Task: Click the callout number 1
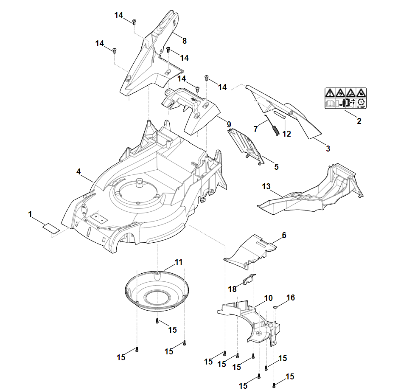click(30, 215)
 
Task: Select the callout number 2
click(359, 121)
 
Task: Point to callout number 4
click(78, 171)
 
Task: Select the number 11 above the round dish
click(179, 262)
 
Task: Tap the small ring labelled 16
click(275, 307)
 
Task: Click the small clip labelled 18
click(249, 280)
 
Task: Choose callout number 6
click(284, 235)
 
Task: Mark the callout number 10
click(268, 298)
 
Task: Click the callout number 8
click(184, 41)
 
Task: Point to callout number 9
click(229, 124)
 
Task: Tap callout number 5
click(276, 167)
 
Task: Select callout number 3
click(328, 149)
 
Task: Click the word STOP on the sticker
click(362, 107)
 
